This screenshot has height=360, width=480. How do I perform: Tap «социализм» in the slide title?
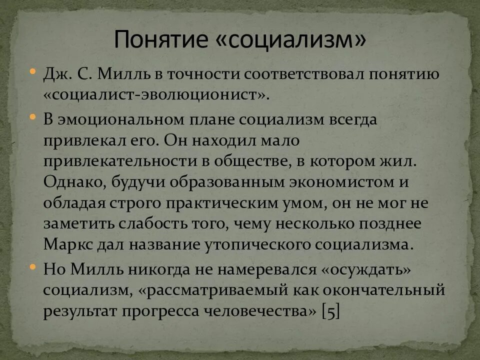click(292, 40)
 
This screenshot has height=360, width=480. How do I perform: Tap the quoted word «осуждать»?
click(366, 268)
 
